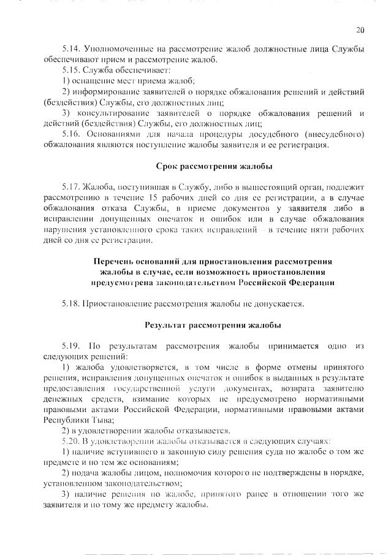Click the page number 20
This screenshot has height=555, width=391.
[359, 29]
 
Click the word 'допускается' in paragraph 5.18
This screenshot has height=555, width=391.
[278, 303]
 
